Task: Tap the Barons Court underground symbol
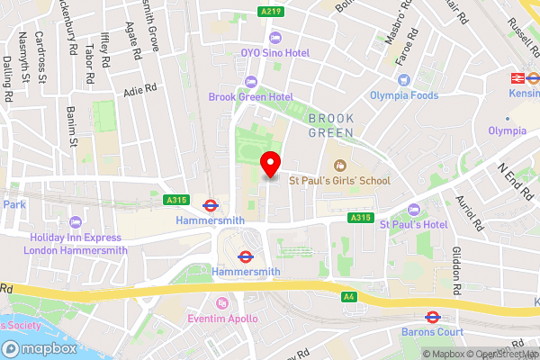pos(431,317)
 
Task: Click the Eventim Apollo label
pos(222,319)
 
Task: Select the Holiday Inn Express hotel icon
pos(75,221)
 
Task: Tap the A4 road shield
pos(349,295)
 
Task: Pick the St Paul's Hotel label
pos(419,223)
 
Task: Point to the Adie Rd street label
pos(141,91)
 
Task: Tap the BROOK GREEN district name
pos(331,125)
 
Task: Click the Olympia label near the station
pos(507,130)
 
